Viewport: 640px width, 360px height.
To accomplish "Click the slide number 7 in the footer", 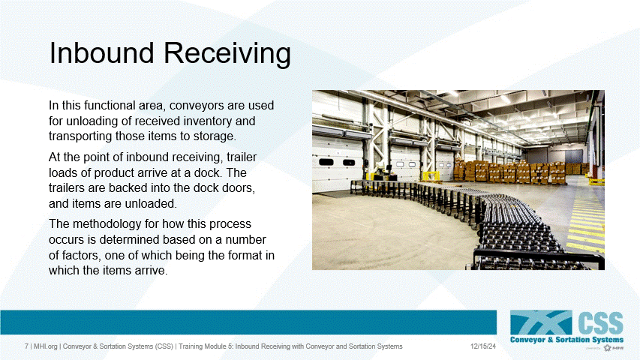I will [26, 346].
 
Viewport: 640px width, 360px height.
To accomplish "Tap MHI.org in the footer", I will [45, 346].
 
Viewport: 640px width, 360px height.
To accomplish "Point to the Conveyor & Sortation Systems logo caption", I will [566, 340].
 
